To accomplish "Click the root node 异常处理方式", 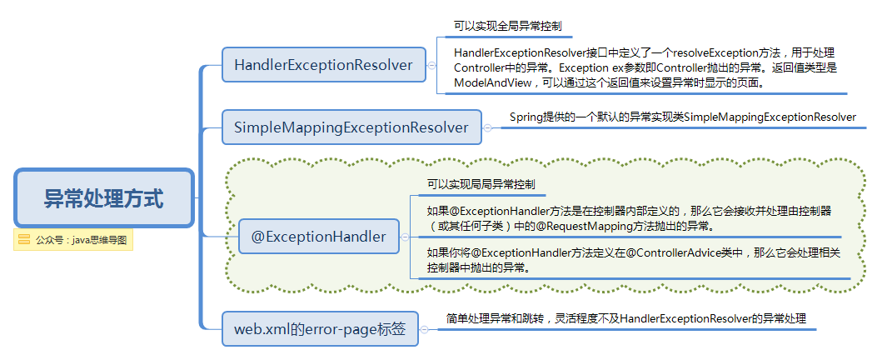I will (104, 198).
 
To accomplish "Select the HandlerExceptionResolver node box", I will (324, 65).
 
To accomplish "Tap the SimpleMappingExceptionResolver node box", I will (351, 127).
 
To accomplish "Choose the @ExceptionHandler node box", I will (319, 237).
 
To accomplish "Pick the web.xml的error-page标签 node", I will (319, 328).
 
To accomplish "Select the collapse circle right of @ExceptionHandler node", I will (405, 237).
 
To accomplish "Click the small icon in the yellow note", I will (24, 239).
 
